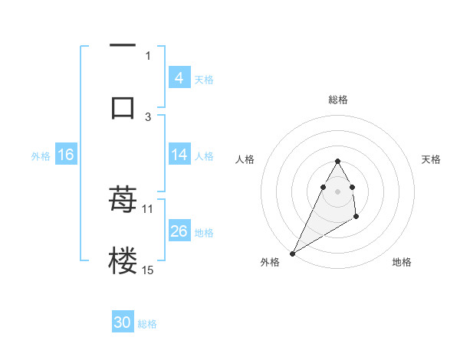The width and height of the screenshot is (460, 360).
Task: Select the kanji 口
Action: pyautogui.click(x=123, y=107)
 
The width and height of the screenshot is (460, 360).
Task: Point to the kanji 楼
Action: pyautogui.click(x=123, y=261)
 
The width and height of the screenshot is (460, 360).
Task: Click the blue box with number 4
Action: pyautogui.click(x=179, y=77)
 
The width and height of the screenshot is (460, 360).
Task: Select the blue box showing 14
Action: pyautogui.click(x=179, y=155)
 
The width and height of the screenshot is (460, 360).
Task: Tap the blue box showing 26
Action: pyautogui.click(x=179, y=231)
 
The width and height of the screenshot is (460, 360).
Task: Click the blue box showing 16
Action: pyautogui.click(x=65, y=155)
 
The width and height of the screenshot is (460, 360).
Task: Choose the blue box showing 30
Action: pyautogui.click(x=123, y=322)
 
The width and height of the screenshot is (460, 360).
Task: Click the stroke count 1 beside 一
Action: pyautogui.click(x=148, y=55)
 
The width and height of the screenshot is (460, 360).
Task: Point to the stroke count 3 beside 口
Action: pyautogui.click(x=148, y=116)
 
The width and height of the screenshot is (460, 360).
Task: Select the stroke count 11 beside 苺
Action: pyautogui.click(x=147, y=208)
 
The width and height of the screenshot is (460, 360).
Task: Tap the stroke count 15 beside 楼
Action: pyautogui.click(x=148, y=270)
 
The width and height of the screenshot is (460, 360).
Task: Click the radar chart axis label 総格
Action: pyautogui.click(x=338, y=100)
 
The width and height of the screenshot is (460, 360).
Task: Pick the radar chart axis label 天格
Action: pyautogui.click(x=432, y=159)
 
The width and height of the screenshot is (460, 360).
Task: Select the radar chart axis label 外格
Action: pyautogui.click(x=270, y=262)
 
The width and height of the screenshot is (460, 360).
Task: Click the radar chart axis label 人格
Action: pyautogui.click(x=245, y=159)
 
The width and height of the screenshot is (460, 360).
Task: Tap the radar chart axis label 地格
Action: pyautogui.click(x=402, y=262)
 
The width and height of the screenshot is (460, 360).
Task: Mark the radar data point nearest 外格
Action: pyautogui.click(x=292, y=253)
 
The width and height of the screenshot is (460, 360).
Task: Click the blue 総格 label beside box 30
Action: pyautogui.click(x=147, y=324)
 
